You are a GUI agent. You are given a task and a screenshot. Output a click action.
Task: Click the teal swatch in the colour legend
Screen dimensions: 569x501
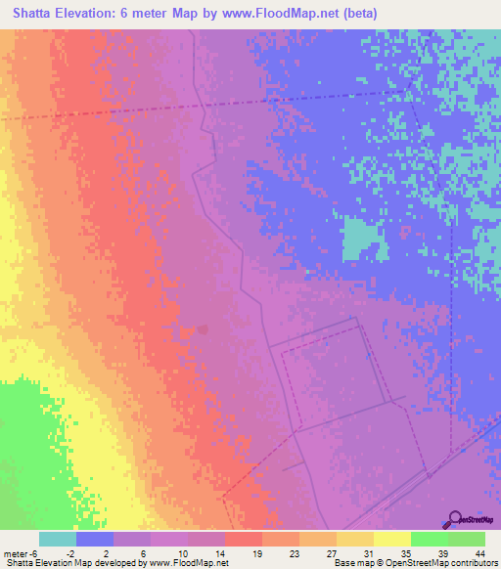tap(58, 539)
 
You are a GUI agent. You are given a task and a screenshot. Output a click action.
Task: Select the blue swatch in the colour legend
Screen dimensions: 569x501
tap(95, 539)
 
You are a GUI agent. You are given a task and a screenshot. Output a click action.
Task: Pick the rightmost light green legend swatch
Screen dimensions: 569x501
tap(467, 539)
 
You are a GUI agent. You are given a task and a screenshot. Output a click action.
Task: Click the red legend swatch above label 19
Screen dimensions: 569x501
tap(243, 539)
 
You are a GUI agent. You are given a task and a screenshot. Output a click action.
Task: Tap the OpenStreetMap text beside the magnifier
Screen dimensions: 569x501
tap(480, 520)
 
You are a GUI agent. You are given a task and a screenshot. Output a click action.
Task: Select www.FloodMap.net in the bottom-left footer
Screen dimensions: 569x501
tap(192, 563)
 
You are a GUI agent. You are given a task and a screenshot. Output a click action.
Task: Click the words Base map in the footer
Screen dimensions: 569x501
tap(351, 563)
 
